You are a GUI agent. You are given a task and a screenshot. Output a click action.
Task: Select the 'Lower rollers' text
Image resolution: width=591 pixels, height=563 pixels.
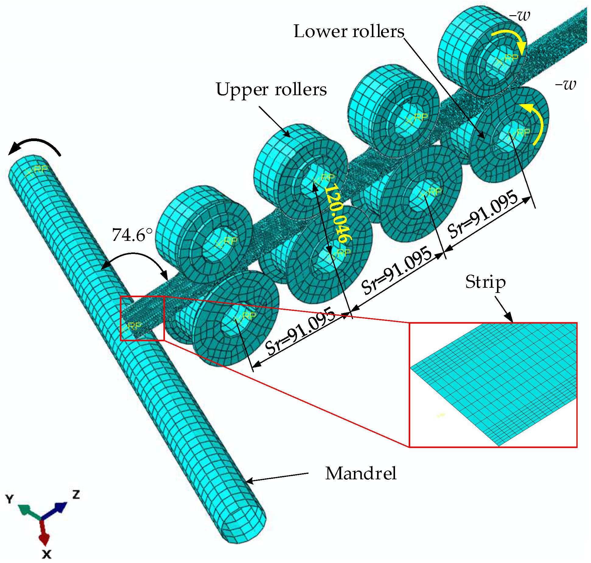pyautogui.click(x=349, y=31)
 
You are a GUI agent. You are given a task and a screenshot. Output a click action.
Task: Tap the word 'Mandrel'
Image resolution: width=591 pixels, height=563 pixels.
pyautogui.click(x=361, y=474)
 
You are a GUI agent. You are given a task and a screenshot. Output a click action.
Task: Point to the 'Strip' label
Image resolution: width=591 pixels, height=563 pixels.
pyautogui.click(x=485, y=282)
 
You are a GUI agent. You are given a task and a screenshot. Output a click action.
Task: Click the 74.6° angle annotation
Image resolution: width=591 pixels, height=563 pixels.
pyautogui.click(x=132, y=235)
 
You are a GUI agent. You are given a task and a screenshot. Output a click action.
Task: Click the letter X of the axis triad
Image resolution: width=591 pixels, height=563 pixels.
pyautogui.click(x=47, y=554)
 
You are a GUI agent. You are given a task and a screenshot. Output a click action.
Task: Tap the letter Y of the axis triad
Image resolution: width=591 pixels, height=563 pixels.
pyautogui.click(x=10, y=499)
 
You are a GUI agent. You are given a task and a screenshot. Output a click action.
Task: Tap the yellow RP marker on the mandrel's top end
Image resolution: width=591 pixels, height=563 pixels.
pyautogui.click(x=37, y=171)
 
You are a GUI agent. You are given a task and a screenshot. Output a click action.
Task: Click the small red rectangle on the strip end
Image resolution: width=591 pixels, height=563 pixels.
pyautogui.click(x=142, y=318)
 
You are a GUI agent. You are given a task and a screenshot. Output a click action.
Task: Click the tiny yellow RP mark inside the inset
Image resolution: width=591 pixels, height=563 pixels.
pyautogui.click(x=441, y=415)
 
